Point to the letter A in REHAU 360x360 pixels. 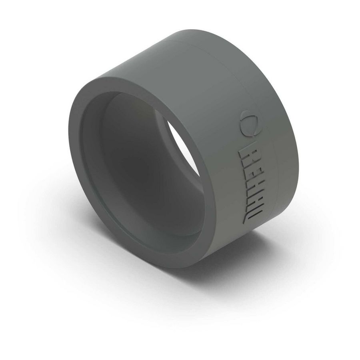tap(248, 199)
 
